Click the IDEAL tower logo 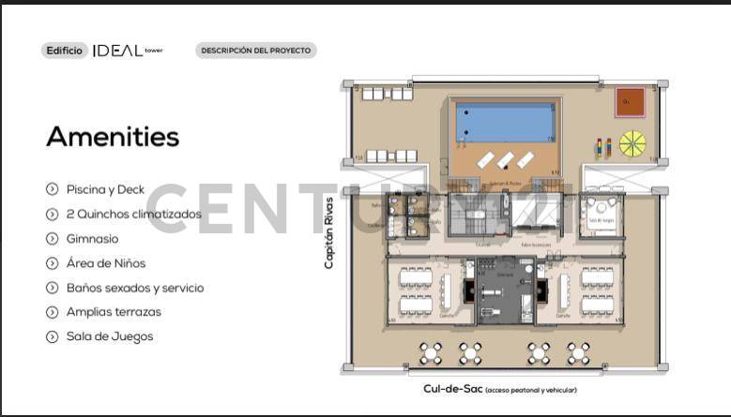click(127, 51)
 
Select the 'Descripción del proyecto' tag click(255, 51)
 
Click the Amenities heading click(113, 137)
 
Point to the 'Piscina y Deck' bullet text click(105, 189)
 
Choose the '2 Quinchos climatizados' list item click(133, 214)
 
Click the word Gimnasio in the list click(92, 239)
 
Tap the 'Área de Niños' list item click(105, 263)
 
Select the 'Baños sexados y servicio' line click(134, 288)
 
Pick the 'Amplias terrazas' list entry click(114, 312)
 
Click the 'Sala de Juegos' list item click(109, 336)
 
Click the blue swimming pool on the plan click(505, 122)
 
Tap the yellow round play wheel click(632, 144)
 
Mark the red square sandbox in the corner click(631, 102)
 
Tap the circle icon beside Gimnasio click(53, 239)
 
